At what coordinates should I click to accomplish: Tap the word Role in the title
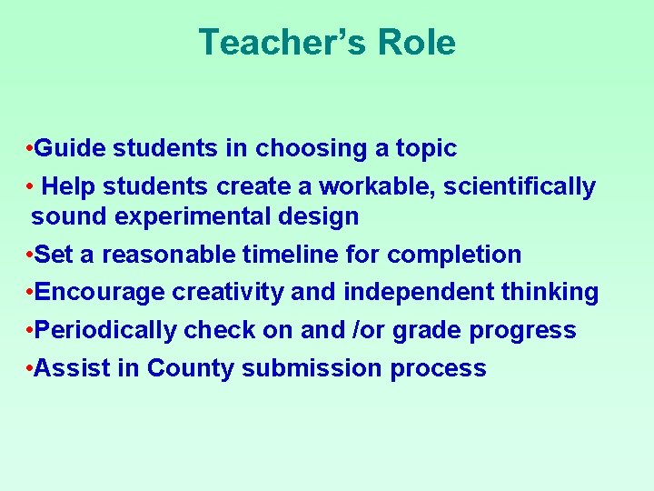coord(419,43)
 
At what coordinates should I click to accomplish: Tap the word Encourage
coord(100,292)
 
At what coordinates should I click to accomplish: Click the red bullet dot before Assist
coord(31,368)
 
